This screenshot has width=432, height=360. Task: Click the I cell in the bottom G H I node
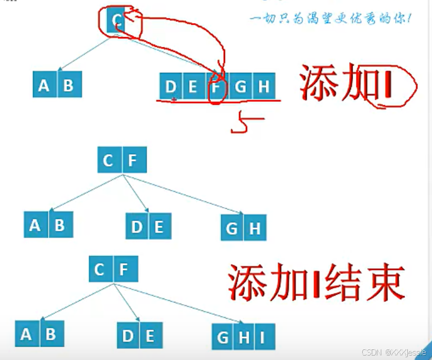262,337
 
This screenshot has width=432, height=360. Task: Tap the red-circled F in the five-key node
216,87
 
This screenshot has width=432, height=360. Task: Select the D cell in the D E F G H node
171,87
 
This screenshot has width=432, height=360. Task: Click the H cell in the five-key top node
263,87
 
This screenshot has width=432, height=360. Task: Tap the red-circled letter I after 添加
390,86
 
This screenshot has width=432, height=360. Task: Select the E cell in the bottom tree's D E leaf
149,336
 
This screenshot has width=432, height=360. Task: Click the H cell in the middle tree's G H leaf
254,229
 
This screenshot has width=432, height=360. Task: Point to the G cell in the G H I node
223,337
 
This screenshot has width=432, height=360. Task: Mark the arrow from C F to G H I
169,305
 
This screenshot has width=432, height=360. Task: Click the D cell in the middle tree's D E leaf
137,227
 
